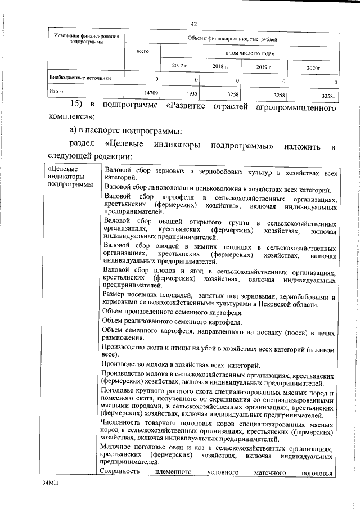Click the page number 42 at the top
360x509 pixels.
click(193, 24)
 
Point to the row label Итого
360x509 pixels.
click(56, 91)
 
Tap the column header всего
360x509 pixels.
click(142, 52)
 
